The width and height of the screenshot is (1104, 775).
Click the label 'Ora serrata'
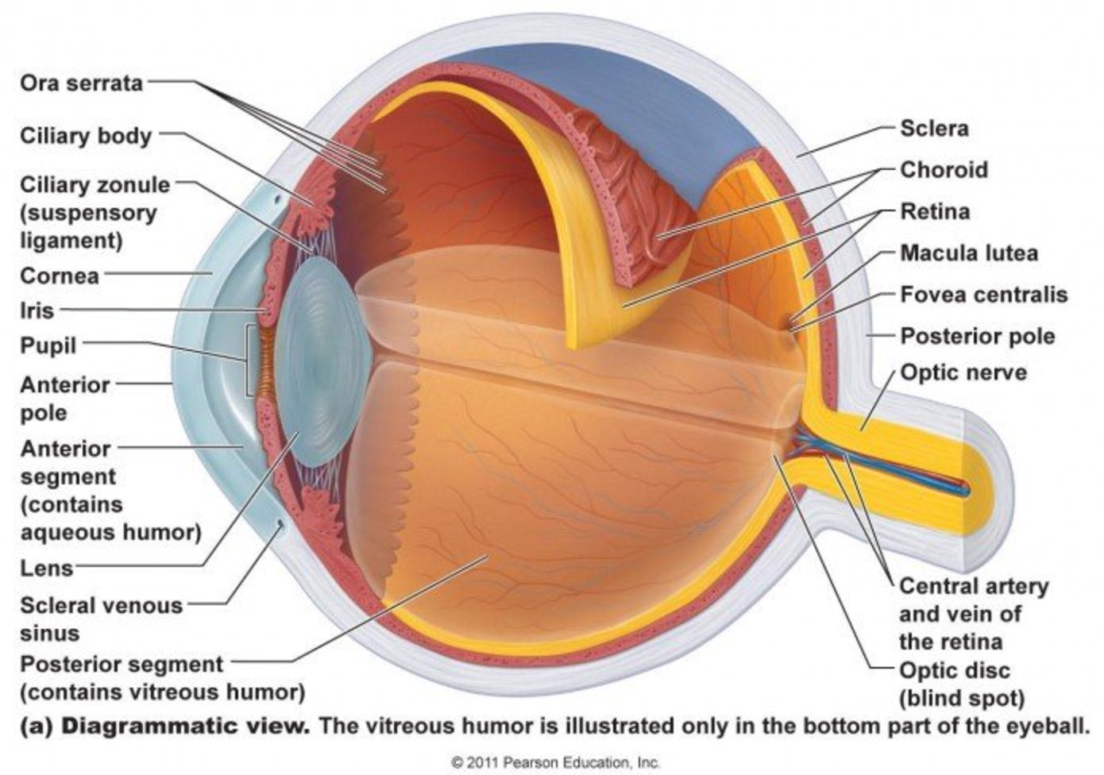pos(81,83)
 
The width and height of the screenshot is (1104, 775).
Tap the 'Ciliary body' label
pos(86,136)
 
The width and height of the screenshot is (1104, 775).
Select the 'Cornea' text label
pos(59,276)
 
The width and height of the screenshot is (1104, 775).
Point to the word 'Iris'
pos(37,310)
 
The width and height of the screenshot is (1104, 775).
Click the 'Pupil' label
pos(48,346)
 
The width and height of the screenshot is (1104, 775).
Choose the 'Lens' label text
pos(46,569)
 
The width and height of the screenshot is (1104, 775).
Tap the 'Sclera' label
pos(934,129)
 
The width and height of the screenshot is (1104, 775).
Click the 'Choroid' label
pos(944,170)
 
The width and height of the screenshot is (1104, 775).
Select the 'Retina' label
pos(935,212)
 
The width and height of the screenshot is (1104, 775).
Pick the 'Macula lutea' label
pos(969,253)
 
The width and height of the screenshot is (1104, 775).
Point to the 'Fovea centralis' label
pos(984,295)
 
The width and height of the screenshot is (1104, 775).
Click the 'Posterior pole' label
pos(978,337)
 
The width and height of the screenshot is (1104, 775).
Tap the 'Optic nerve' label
pos(963,372)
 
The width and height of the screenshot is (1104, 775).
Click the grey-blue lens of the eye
pos(322,362)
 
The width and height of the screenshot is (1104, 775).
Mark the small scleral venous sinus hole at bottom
pos(281,524)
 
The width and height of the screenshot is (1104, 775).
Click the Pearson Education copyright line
pos(555,762)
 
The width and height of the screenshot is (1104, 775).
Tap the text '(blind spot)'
pos(962,698)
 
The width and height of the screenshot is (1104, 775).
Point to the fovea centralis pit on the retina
pos(790,329)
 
